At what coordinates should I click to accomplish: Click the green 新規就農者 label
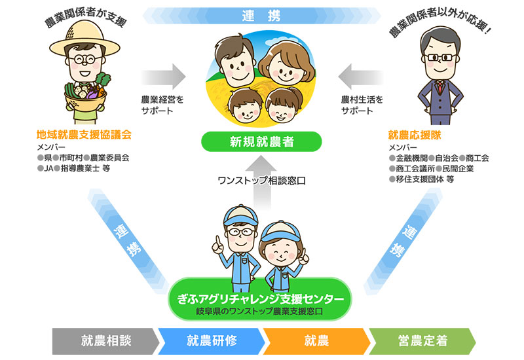click(261, 142)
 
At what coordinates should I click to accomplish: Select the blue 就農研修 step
click(212, 340)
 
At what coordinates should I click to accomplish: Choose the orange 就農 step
click(316, 340)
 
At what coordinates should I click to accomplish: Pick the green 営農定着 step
click(422, 340)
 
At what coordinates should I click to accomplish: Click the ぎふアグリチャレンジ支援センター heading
click(261, 298)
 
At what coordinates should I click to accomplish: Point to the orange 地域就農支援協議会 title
click(84, 135)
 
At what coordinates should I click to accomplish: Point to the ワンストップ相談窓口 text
click(262, 179)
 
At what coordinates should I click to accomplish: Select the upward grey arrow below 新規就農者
click(261, 162)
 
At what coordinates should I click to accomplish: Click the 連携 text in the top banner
click(261, 12)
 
